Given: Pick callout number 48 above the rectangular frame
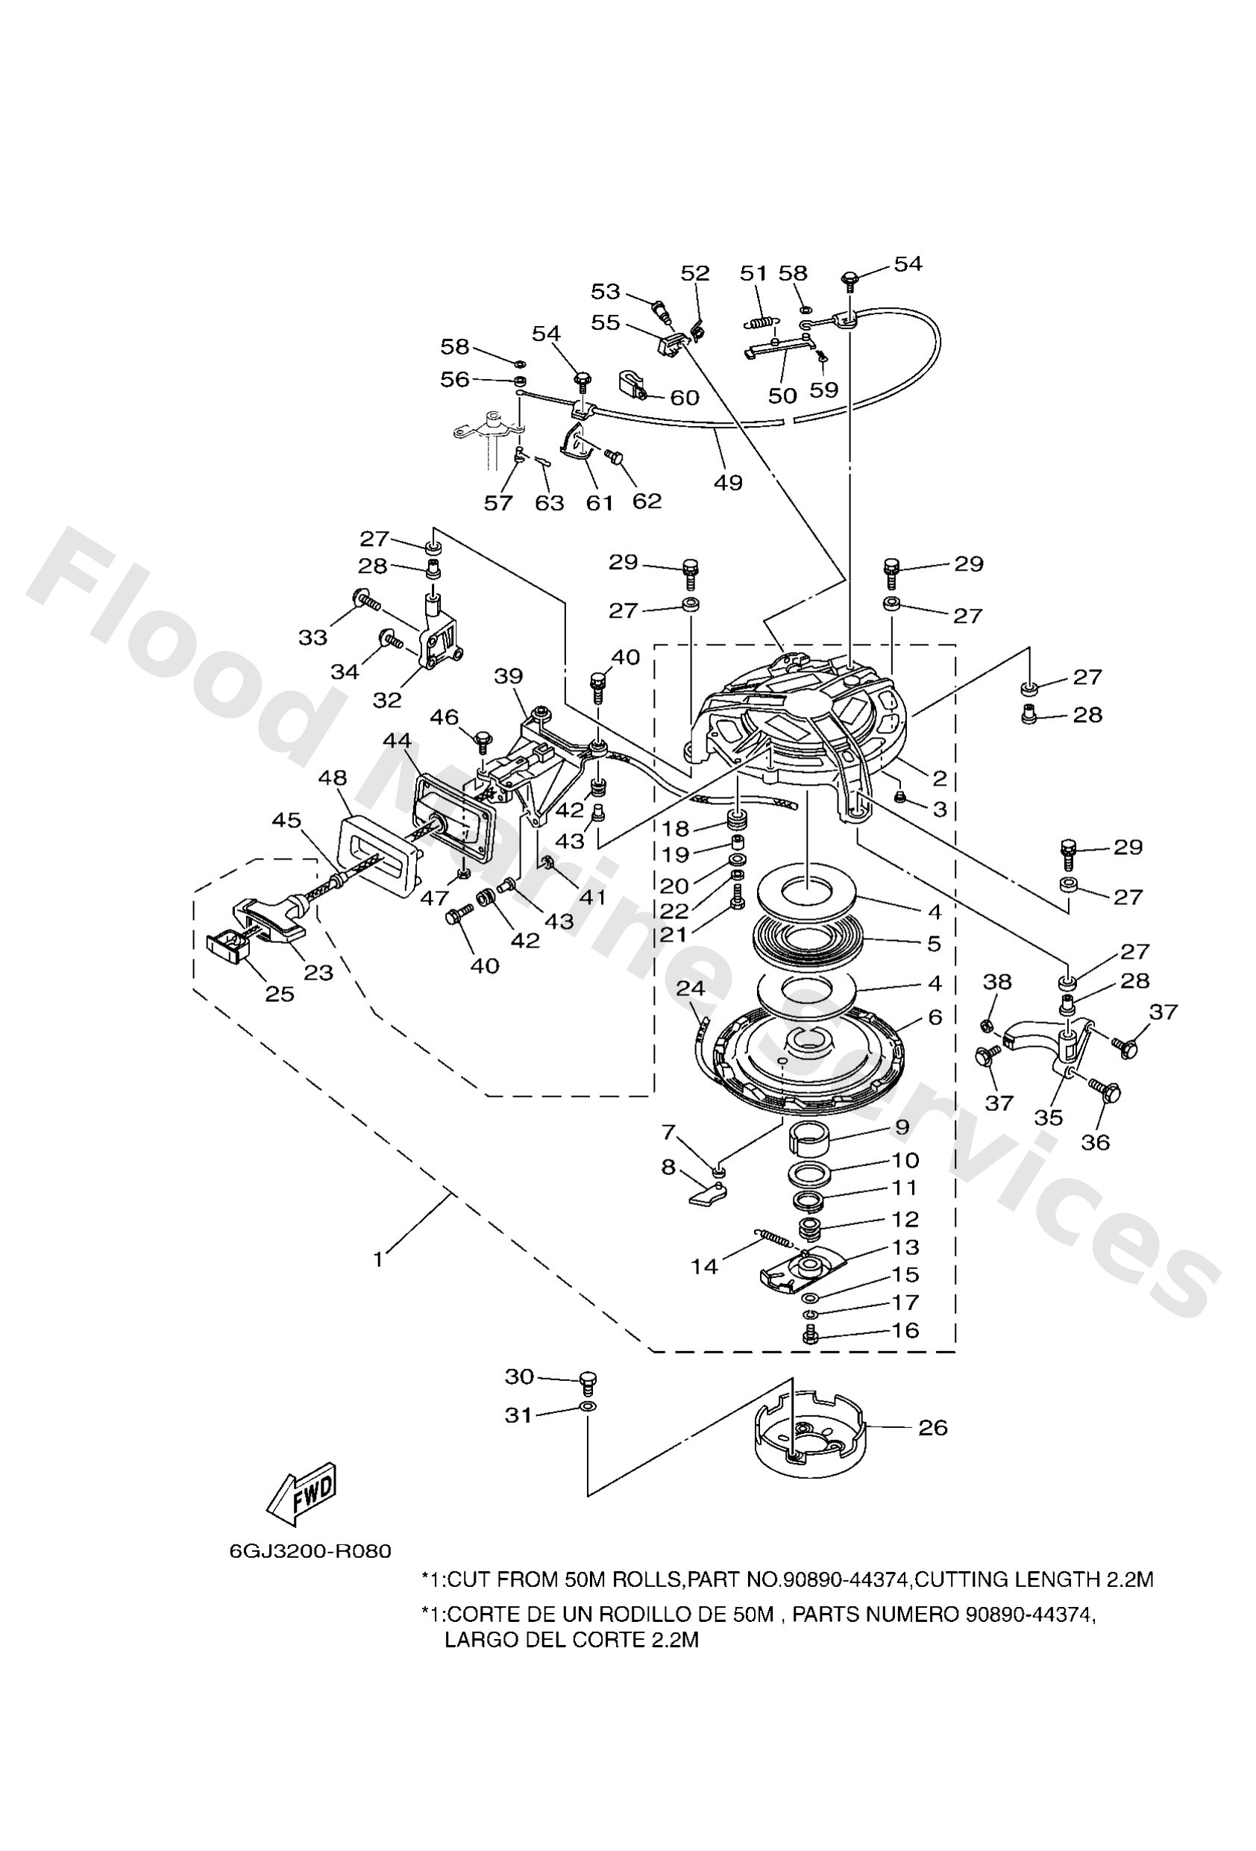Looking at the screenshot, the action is [x=333, y=777].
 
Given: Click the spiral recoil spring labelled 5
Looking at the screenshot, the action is [x=806, y=940].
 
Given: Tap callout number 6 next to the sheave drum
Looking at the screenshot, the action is [x=935, y=1017].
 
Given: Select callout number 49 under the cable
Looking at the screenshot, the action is [x=728, y=482].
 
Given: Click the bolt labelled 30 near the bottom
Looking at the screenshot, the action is [x=588, y=1380].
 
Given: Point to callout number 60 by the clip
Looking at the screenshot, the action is [x=684, y=397].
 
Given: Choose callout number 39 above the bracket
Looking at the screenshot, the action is [x=509, y=676].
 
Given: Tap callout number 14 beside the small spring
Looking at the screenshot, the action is [x=704, y=1266].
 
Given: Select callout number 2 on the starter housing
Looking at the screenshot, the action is [x=940, y=778].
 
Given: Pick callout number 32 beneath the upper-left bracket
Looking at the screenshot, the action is [x=388, y=700].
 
